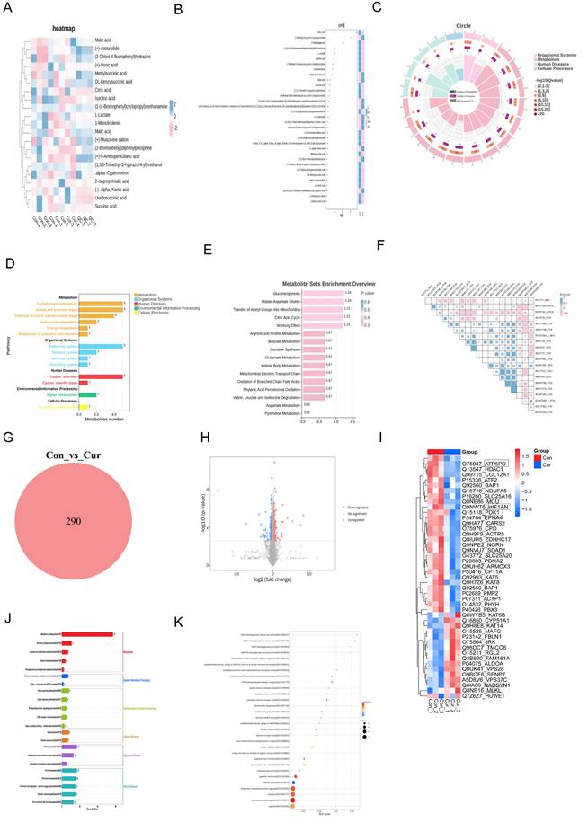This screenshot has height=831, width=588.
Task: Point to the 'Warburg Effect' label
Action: tap(285, 325)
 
